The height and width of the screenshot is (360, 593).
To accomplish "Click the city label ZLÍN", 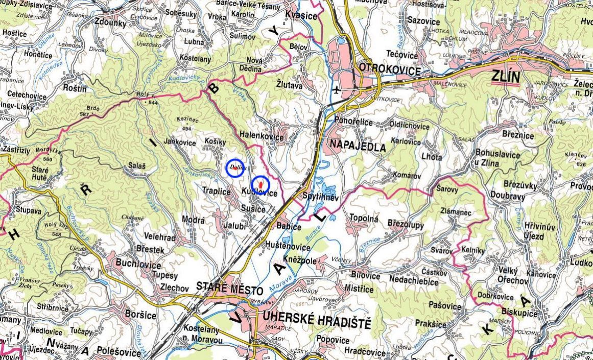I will (505, 77).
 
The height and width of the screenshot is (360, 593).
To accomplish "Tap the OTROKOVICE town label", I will (390, 69).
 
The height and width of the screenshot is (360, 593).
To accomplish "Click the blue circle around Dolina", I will (235, 167).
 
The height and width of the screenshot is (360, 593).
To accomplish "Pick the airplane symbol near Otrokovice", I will (336, 90).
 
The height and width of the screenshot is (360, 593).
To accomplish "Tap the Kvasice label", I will (302, 15).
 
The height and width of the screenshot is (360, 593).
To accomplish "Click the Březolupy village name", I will (406, 223).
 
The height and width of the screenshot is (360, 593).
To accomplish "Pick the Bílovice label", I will (366, 276).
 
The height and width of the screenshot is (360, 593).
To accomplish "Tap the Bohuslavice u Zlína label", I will (496, 159).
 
